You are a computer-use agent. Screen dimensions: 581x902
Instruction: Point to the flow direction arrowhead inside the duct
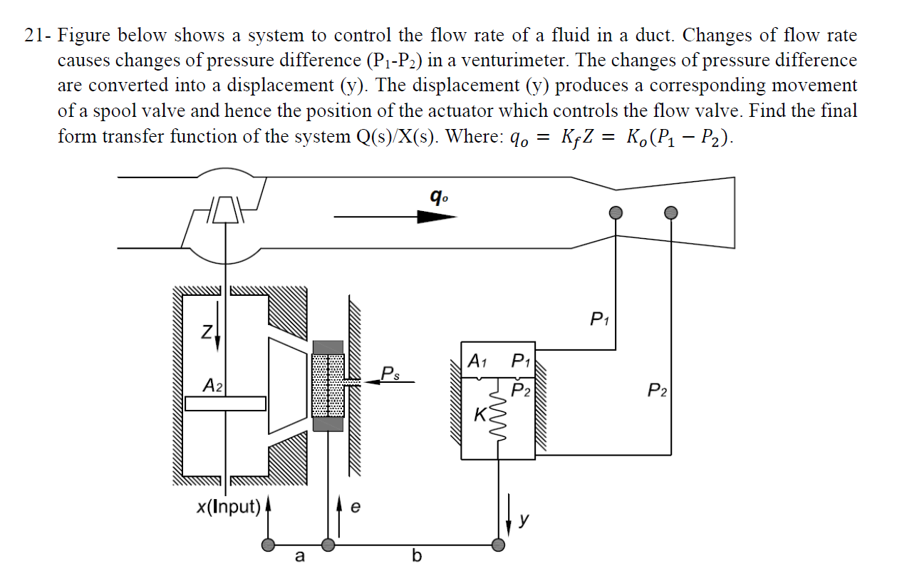tap(436, 216)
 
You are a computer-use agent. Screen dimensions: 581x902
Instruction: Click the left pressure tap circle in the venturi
tap(616, 212)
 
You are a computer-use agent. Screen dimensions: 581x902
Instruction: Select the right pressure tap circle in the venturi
tap(670, 212)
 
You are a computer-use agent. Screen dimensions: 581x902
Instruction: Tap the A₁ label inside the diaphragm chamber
tap(477, 361)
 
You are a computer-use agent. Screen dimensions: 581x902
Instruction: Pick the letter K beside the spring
tap(480, 413)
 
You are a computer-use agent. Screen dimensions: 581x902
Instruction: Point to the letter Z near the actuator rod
tap(205, 331)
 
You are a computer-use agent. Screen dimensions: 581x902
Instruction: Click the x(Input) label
tap(229, 508)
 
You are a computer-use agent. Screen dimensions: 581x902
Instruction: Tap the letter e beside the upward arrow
tap(356, 508)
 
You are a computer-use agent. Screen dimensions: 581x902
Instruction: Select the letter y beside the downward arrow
tap(524, 521)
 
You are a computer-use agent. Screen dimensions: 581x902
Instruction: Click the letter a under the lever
tap(299, 556)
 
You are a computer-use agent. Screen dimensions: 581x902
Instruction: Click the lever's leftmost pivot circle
tap(268, 545)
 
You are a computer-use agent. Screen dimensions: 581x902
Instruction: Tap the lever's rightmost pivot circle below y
tap(499, 545)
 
